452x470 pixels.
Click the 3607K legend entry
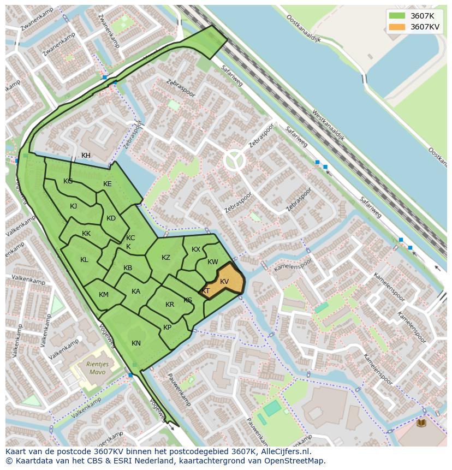(x=413, y=16)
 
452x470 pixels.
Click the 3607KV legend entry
(x=413, y=27)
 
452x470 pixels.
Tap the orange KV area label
(x=224, y=282)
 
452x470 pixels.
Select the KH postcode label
(x=86, y=156)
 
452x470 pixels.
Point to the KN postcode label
(x=136, y=343)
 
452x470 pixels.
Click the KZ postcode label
(x=166, y=258)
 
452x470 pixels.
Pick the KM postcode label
(x=104, y=295)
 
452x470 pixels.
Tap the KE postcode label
(x=108, y=184)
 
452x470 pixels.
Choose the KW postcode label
(x=213, y=262)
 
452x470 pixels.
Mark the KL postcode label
(x=84, y=260)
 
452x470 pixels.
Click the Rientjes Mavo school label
(x=97, y=368)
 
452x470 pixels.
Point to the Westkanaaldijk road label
(x=328, y=125)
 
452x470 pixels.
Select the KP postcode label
(x=167, y=328)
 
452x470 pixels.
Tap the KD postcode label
(x=111, y=218)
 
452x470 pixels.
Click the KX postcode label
(x=196, y=249)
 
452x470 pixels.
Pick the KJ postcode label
(x=73, y=206)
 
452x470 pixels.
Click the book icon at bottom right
(x=421, y=423)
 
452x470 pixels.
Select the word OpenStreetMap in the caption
(x=294, y=461)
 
